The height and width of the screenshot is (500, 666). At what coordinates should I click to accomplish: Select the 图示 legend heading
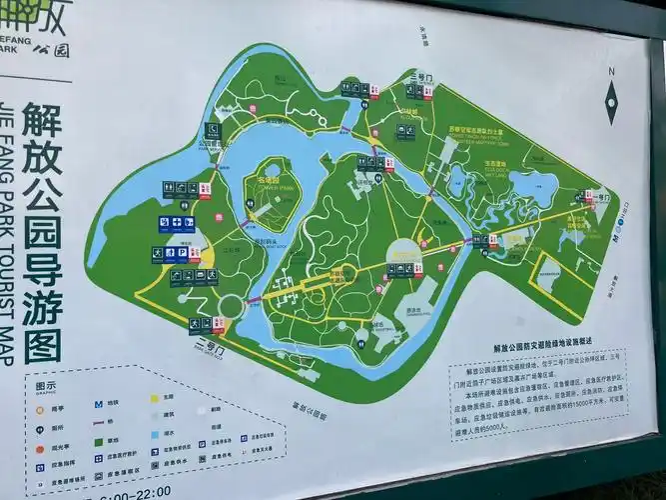pos(47,385)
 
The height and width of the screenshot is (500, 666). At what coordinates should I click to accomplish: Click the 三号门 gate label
pos(420,76)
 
